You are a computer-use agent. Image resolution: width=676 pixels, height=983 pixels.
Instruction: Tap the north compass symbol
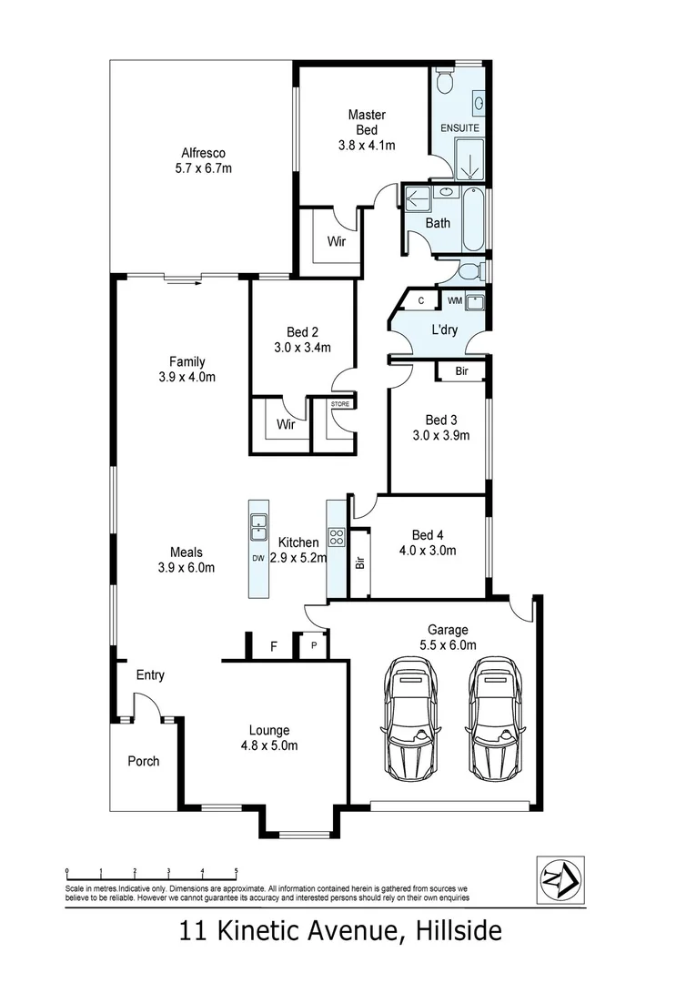(560, 879)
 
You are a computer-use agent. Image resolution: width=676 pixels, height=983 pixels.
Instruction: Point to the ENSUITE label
(459, 128)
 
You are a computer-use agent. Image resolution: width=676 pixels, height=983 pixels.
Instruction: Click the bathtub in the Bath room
(474, 219)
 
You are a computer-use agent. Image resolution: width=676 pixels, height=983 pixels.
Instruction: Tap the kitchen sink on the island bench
(258, 522)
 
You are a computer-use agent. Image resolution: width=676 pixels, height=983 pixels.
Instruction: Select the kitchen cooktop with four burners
(336, 536)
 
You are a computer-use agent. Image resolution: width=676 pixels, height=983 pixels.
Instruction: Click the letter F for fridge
(273, 648)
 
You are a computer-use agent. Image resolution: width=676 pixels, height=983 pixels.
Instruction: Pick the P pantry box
(314, 647)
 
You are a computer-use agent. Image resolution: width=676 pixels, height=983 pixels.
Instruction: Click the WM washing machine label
(454, 299)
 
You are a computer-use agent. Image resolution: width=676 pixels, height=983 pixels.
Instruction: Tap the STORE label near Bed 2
(339, 402)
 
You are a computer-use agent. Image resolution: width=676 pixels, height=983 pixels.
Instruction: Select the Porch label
(143, 761)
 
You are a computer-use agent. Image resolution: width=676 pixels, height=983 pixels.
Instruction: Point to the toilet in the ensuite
(445, 83)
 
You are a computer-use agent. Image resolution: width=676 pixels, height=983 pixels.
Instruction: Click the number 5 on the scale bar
(236, 871)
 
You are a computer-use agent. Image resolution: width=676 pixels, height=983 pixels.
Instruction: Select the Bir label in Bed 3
(461, 370)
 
